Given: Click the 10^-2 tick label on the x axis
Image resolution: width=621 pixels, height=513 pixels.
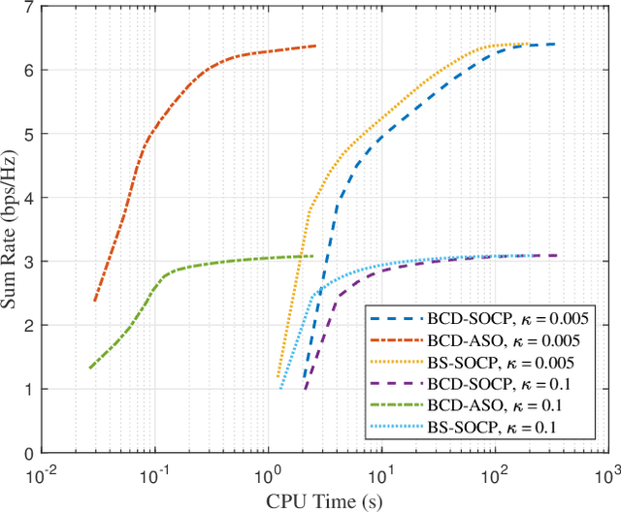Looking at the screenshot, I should [x=41, y=473].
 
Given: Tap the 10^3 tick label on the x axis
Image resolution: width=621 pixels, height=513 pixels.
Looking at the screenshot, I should [x=607, y=473].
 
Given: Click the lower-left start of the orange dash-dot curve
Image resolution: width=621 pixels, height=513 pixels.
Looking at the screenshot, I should [x=94, y=301].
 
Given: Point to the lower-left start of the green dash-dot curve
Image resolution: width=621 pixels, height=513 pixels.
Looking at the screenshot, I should [x=89, y=369].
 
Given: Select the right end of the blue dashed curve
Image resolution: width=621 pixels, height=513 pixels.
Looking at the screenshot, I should [x=553, y=44].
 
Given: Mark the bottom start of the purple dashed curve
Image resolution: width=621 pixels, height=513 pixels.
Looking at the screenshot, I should [x=305, y=390].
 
